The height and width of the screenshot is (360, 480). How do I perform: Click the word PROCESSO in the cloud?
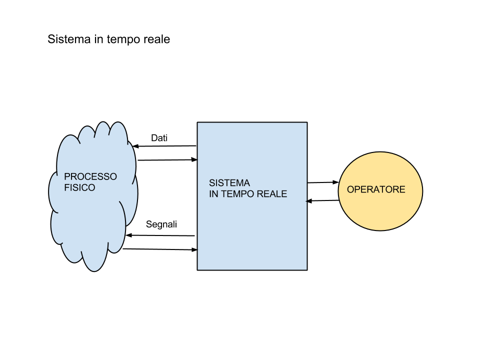90,176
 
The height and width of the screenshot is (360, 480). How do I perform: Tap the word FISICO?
79,188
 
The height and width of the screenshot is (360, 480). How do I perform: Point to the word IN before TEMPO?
213,194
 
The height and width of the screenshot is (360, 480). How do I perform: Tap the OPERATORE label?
376,190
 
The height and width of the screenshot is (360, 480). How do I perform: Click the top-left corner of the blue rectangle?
198,123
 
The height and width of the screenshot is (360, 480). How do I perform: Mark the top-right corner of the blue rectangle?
306,123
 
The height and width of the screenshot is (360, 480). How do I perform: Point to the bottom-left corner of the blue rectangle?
198,269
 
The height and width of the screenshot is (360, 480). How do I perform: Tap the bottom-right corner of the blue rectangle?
306,269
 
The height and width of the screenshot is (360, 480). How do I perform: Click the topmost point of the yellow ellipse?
380,152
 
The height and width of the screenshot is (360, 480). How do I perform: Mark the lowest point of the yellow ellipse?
380,230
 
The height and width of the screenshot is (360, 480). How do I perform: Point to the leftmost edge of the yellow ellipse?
339,191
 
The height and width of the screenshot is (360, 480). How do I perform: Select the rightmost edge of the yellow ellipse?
422,191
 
